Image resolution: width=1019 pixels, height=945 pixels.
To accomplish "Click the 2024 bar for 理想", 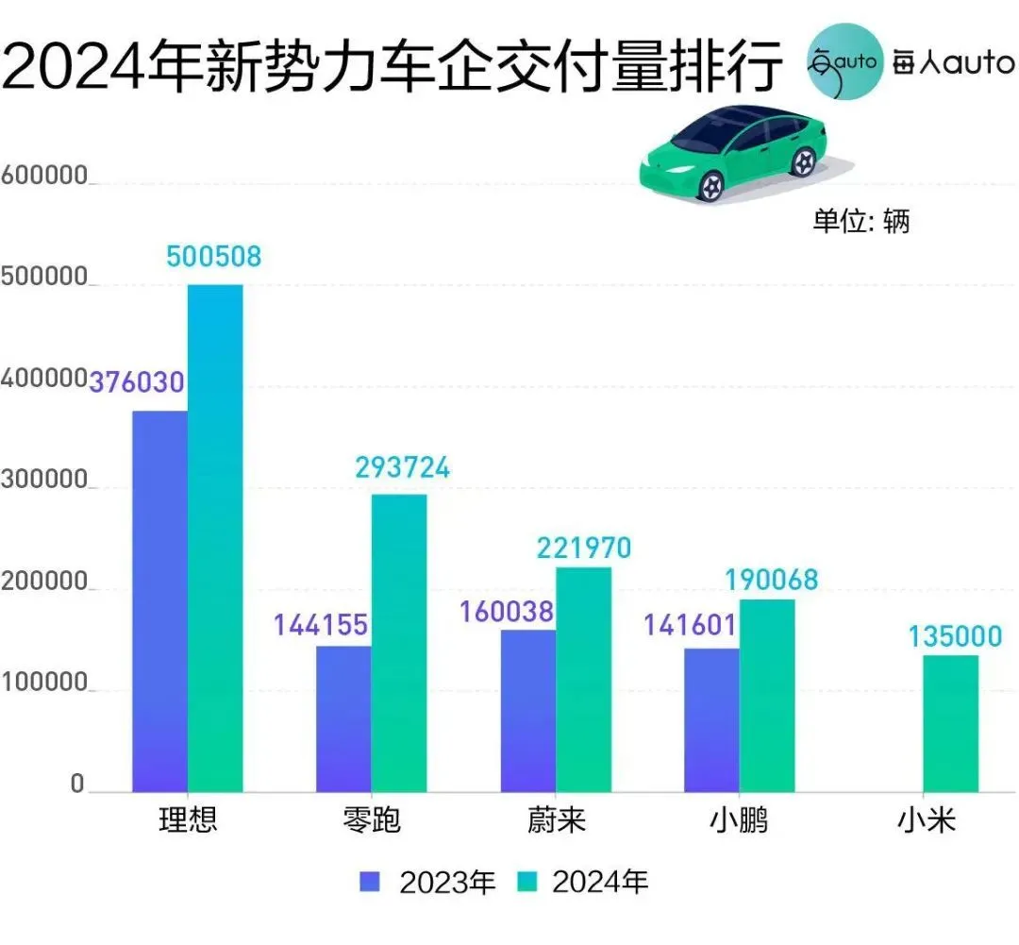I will (215, 538).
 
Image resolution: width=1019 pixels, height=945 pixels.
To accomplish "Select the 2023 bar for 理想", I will (160, 601).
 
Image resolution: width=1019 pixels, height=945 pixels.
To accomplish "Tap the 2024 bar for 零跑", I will (399, 643).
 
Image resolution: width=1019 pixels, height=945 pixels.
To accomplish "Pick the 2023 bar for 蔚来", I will (528, 711).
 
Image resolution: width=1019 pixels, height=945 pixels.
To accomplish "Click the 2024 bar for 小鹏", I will (767, 696).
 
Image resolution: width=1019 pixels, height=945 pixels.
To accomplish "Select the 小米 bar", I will (950, 723).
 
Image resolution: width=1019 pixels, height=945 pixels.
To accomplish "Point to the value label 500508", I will (213, 256).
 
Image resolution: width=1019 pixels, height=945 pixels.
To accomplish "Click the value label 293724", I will (403, 467).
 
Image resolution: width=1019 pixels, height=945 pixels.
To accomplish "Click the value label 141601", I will (691, 628).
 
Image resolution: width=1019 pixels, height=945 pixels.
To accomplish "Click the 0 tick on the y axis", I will (77, 785).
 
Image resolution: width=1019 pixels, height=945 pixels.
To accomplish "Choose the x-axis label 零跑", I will (372, 819).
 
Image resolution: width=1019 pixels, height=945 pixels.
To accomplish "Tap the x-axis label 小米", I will (927, 819).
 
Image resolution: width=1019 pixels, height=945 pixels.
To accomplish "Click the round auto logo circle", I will (844, 60).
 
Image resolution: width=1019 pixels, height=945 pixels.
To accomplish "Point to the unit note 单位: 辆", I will (860, 221).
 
